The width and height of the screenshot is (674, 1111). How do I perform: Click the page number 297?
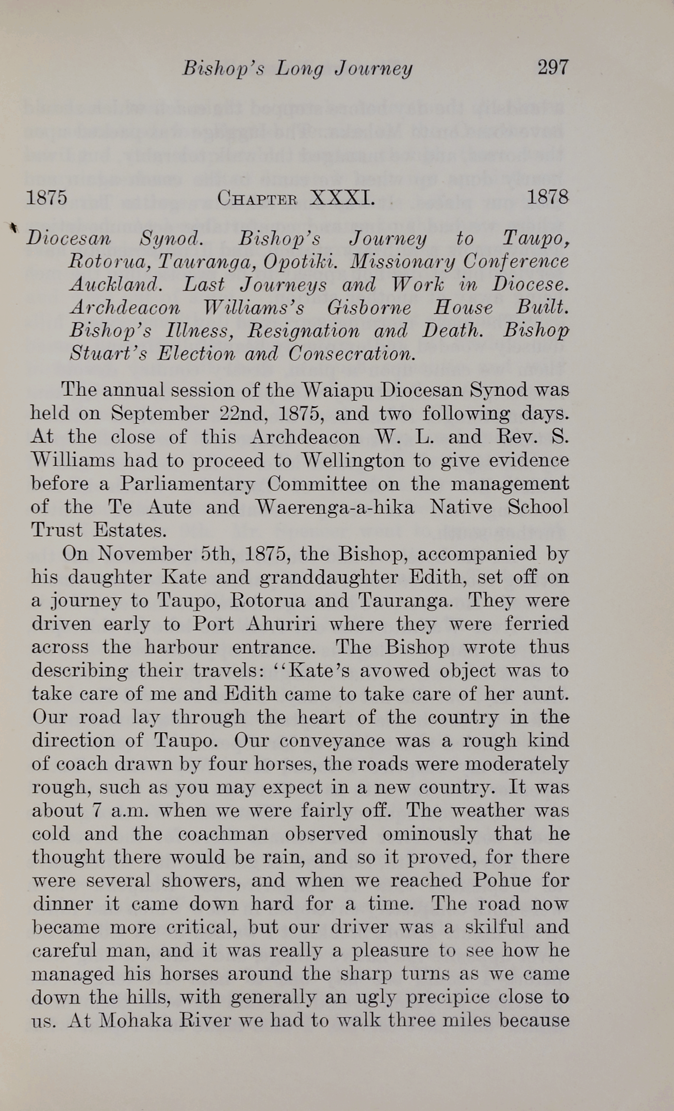(x=552, y=67)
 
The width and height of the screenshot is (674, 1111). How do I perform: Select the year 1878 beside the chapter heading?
(x=547, y=197)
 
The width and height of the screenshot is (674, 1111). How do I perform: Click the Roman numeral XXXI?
(x=342, y=198)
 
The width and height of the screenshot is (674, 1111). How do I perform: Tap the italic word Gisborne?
(x=369, y=308)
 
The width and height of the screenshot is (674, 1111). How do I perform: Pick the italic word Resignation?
(x=304, y=331)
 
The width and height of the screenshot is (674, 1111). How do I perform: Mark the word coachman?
(x=223, y=833)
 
